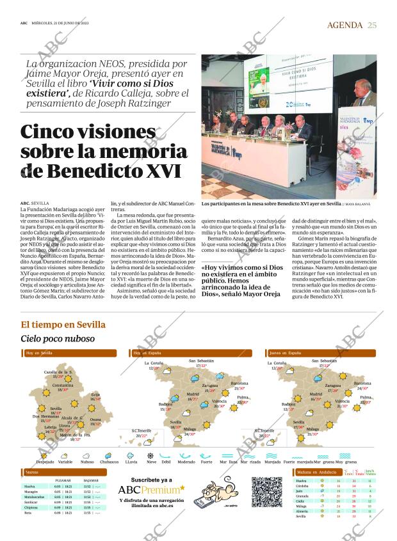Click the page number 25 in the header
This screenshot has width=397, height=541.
pyautogui.click(x=372, y=25)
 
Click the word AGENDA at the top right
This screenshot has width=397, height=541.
pyautogui.click(x=345, y=25)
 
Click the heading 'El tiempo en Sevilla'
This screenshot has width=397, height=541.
pyautogui.click(x=63, y=324)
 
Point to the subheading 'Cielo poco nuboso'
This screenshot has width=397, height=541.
pyautogui.click(x=58, y=338)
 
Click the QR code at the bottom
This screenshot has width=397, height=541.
pyautogui.click(x=266, y=492)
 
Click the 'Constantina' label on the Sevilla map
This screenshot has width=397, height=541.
pyautogui.click(x=63, y=386)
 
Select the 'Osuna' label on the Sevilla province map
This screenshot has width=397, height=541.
pyautogui.click(x=95, y=419)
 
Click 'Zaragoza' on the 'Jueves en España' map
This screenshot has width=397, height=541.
pyautogui.click(x=332, y=386)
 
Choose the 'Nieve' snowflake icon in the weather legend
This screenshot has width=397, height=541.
pyautogui.click(x=152, y=457)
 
